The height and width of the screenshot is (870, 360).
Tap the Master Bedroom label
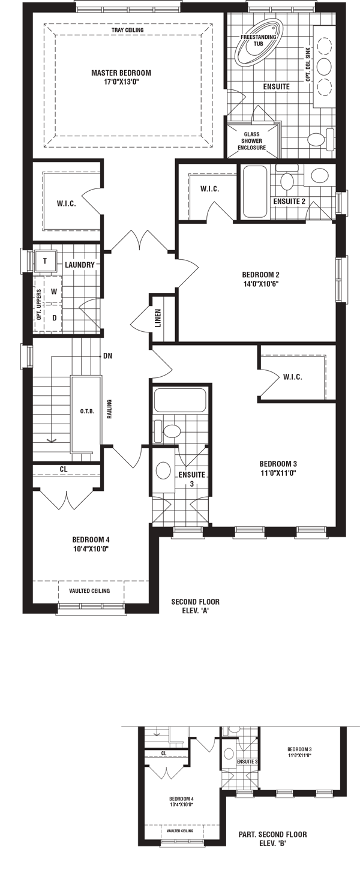(x=121, y=73)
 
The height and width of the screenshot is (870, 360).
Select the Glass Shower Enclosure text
(x=251, y=141)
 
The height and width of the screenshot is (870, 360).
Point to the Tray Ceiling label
(x=127, y=30)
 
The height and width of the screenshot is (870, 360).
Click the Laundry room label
(x=80, y=265)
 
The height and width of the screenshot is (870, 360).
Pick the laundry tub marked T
(x=44, y=261)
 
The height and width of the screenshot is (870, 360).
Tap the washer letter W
(x=54, y=291)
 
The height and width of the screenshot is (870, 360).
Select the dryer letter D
(x=55, y=318)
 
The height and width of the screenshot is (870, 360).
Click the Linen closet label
(x=158, y=318)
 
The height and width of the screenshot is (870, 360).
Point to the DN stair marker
(x=107, y=356)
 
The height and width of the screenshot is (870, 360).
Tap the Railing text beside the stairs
(x=110, y=410)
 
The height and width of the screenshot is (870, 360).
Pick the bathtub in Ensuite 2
(x=254, y=191)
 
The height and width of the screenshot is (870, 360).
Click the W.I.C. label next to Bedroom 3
(x=293, y=377)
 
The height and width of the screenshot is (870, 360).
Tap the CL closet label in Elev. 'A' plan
(x=64, y=469)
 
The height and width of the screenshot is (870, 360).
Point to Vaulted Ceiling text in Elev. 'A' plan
(x=89, y=591)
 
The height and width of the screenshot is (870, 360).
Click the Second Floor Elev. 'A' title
(x=196, y=606)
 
